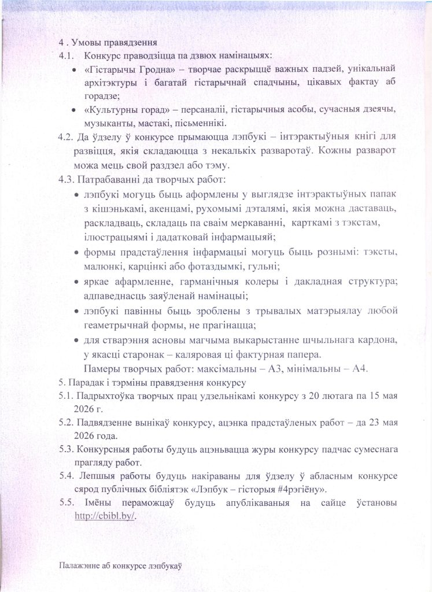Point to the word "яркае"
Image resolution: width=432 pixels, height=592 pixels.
(97, 281)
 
